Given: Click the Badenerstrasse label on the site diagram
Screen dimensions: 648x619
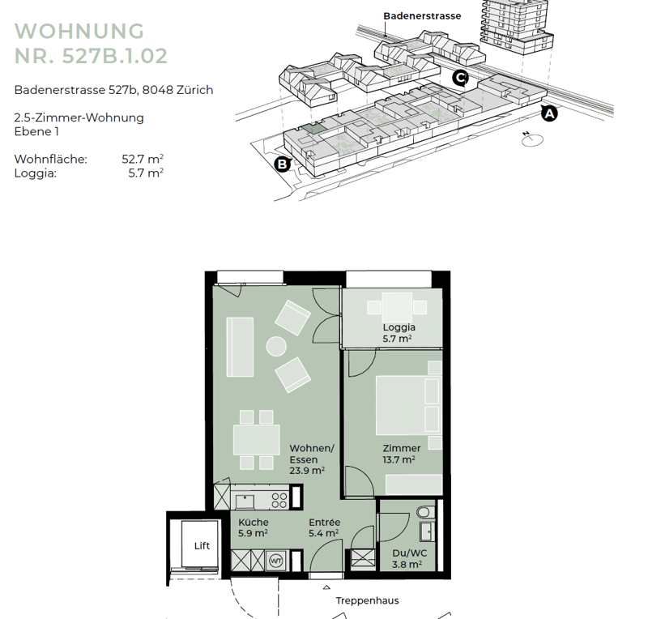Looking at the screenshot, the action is click(422, 16).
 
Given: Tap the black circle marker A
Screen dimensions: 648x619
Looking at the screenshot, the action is click(549, 113).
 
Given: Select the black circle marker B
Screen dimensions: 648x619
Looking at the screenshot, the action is click(283, 164).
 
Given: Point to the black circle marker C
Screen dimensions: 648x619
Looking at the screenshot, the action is click(460, 77).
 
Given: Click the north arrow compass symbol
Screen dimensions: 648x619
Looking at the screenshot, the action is click(532, 139).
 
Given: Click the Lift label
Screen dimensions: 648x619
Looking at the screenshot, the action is click(202, 546).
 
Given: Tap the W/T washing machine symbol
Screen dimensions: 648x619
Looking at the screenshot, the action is click(275, 561).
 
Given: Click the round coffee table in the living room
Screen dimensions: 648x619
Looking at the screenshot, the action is click(276, 347).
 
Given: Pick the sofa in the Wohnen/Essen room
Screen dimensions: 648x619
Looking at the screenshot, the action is click(240, 347).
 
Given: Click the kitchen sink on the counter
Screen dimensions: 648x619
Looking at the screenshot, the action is click(245, 502).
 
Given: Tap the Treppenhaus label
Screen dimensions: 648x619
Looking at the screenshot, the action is click(368, 601).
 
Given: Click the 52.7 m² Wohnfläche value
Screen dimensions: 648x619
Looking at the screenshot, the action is click(143, 159).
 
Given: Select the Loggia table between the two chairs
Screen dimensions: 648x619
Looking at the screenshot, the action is click(397, 307).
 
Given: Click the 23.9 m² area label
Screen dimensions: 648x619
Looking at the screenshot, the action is click(307, 471).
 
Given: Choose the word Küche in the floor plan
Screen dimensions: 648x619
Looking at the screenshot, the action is click(254, 523).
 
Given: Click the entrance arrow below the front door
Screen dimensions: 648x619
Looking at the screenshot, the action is click(326, 587).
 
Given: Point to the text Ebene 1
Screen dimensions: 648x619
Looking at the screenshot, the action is click(36, 131).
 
